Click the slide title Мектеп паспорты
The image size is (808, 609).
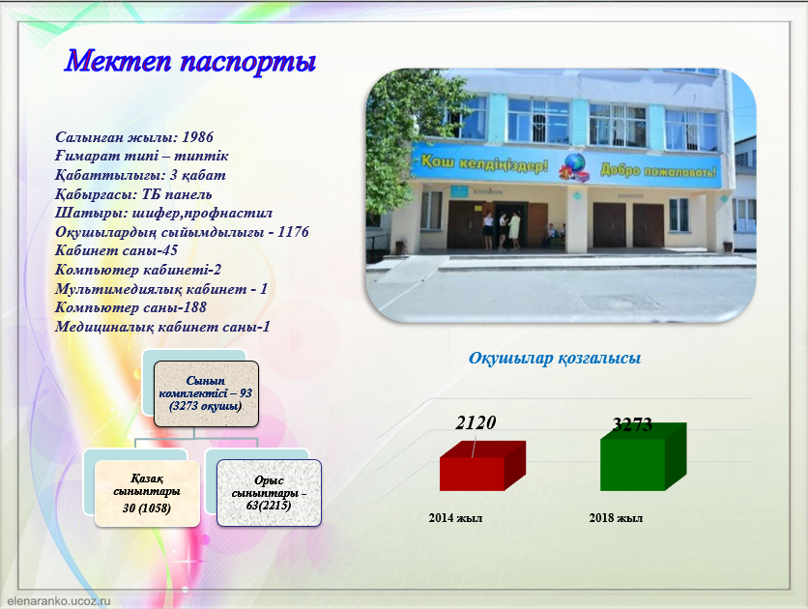tap(190, 61)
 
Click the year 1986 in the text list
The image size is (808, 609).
tap(197, 137)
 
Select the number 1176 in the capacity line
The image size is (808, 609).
tap(293, 232)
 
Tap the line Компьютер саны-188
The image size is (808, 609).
tap(130, 307)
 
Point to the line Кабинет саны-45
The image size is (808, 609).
tap(116, 250)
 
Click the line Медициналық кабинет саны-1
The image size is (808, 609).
tap(162, 327)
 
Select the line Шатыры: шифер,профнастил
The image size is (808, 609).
tap(163, 213)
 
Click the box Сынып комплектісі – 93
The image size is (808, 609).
tap(206, 393)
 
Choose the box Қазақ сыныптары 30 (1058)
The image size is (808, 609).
tap(147, 493)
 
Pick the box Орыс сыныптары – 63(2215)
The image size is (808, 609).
tap(269, 493)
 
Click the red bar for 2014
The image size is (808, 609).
tap(482, 466)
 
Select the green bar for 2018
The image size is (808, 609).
tap(643, 456)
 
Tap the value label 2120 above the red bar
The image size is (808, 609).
tap(476, 422)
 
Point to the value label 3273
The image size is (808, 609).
tap(632, 424)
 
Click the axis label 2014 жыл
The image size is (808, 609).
tap(455, 518)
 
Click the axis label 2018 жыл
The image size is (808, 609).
tap(616, 518)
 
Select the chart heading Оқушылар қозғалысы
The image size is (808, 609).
tap(555, 358)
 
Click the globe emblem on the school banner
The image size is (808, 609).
tap(574, 167)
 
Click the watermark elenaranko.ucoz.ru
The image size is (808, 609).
tap(59, 601)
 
